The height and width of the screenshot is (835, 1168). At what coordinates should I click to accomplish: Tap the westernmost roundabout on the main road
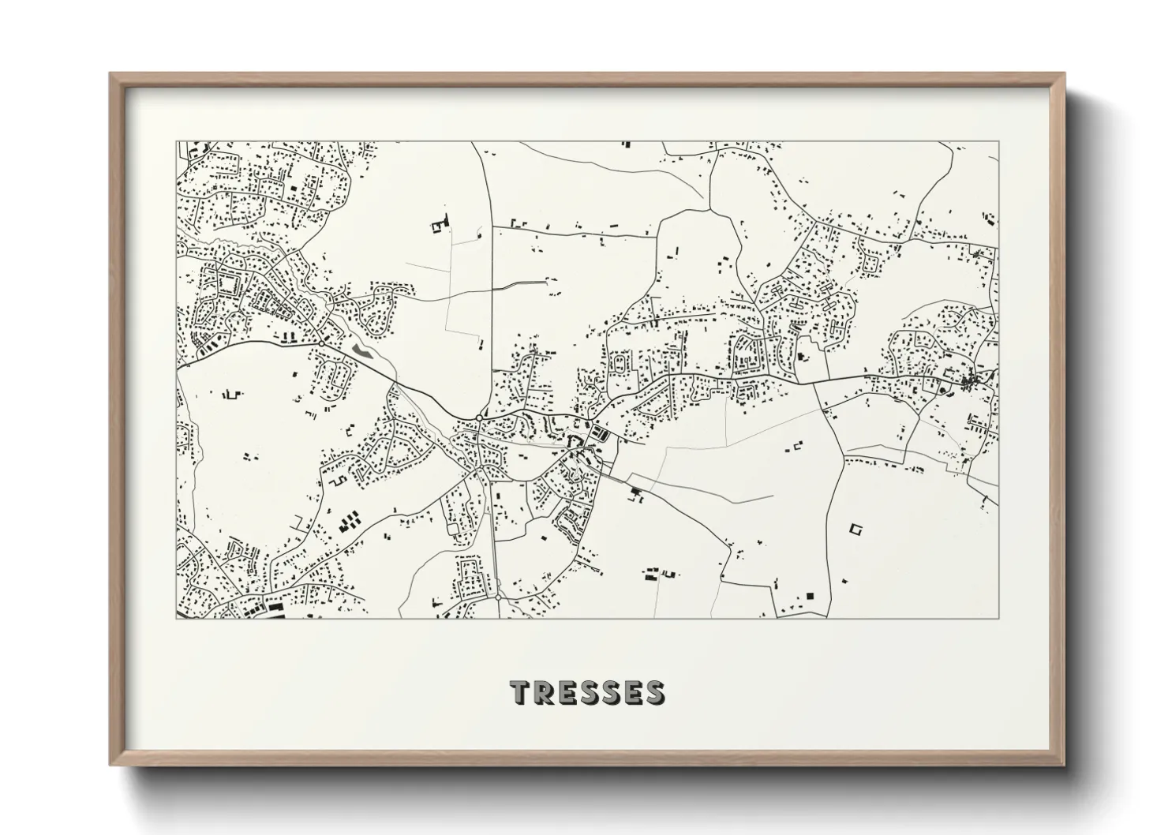click(322, 343)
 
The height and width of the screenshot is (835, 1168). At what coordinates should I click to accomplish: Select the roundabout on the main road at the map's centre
click(479, 417)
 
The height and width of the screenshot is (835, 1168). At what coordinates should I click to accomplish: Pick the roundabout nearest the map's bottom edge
click(499, 598)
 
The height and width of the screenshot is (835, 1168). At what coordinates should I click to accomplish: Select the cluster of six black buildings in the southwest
click(349, 521)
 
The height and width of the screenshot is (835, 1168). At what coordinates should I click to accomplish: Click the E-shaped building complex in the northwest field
click(439, 225)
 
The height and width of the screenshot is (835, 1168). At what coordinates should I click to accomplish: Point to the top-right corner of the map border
click(998, 142)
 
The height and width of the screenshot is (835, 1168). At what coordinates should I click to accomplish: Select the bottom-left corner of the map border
click(177, 618)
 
